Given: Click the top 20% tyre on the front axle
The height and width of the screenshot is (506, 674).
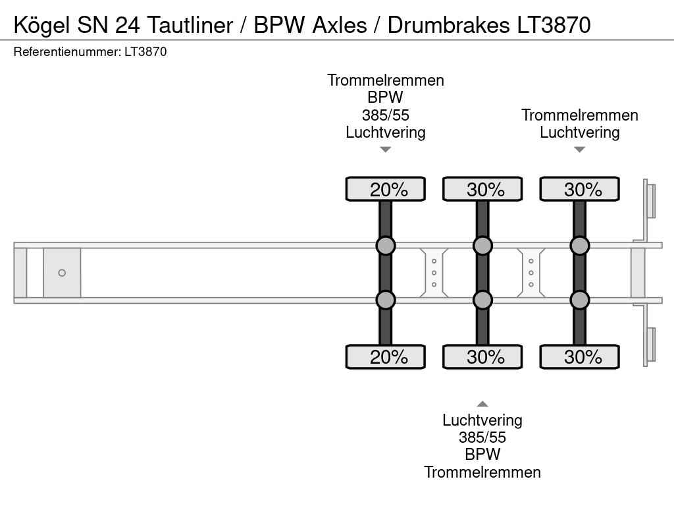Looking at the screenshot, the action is point(386,189).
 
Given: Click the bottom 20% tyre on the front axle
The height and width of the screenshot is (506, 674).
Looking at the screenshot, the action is point(386,356).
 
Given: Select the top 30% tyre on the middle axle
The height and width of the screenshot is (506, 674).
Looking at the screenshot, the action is point(482,189).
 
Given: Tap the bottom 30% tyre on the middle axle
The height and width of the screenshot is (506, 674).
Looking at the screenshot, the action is point(482,356).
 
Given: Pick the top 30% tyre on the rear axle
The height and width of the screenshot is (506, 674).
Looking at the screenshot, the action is point(579,189).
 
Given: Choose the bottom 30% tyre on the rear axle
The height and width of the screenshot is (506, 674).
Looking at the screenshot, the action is point(579,356).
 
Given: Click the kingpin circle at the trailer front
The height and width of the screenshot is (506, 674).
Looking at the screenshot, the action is point(62,273).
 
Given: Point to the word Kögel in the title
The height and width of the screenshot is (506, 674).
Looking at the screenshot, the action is point(41,25).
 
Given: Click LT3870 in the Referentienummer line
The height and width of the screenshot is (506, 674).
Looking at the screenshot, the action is point(145,52).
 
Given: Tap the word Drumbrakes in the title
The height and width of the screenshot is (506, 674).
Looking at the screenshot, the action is point(448,25).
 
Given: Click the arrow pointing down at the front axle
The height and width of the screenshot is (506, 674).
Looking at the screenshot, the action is point(386,150).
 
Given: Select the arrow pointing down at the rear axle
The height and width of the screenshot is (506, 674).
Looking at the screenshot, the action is point(579,150).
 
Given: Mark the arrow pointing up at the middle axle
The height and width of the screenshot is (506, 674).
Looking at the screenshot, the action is point(482,404).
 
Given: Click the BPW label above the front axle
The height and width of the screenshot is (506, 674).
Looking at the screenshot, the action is point(386,98).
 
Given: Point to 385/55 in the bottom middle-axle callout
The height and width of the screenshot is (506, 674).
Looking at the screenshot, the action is point(482,437).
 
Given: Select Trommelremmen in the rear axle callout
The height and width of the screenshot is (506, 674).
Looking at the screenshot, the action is point(579,115).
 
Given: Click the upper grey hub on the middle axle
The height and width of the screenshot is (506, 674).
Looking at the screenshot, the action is point(482,246).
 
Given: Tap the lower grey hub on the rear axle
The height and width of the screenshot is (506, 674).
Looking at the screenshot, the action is point(579,300).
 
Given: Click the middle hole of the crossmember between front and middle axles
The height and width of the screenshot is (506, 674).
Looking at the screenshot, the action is point(434,273).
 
